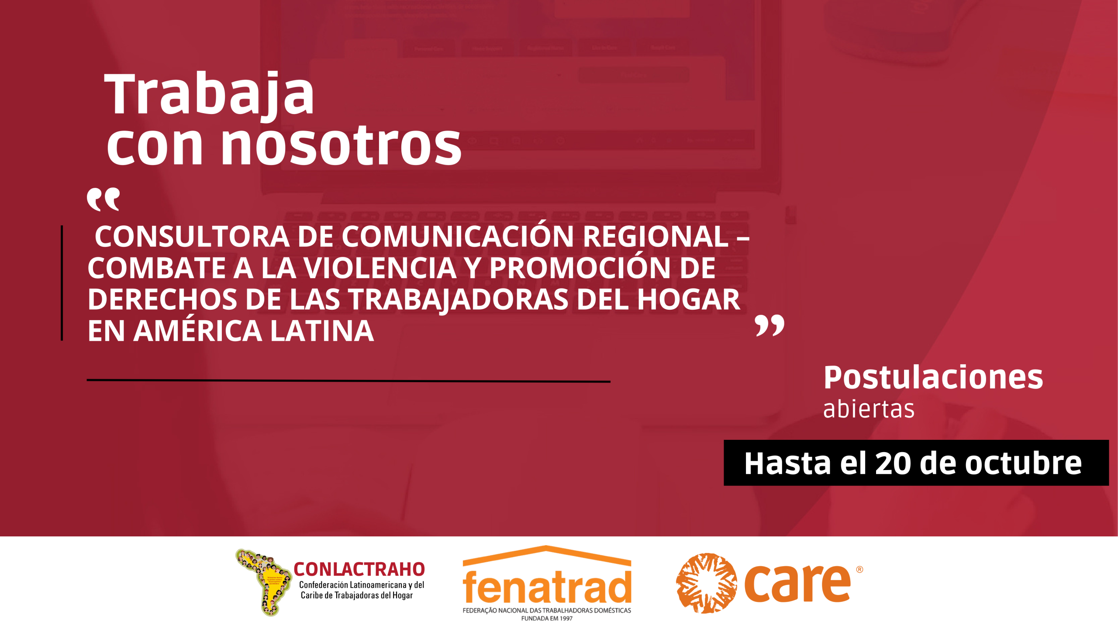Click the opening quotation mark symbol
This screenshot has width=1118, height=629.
coord(103,200)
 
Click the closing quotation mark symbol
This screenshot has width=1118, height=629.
coord(769,325)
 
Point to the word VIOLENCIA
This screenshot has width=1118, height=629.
coord(380,268)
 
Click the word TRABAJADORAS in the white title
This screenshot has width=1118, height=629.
coord(459,300)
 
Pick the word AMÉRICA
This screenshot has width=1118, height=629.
coord(197,331)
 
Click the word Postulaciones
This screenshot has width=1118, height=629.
coord(933,377)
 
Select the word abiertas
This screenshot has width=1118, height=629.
coord(869,409)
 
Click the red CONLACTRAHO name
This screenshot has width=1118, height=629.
coord(359,570)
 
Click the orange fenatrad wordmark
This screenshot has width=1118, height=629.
coord(547,587)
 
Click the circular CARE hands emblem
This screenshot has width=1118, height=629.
coord(706,583)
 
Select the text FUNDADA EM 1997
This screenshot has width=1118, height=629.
coord(547,619)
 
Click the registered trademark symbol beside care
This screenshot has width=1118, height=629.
coord(859,570)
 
